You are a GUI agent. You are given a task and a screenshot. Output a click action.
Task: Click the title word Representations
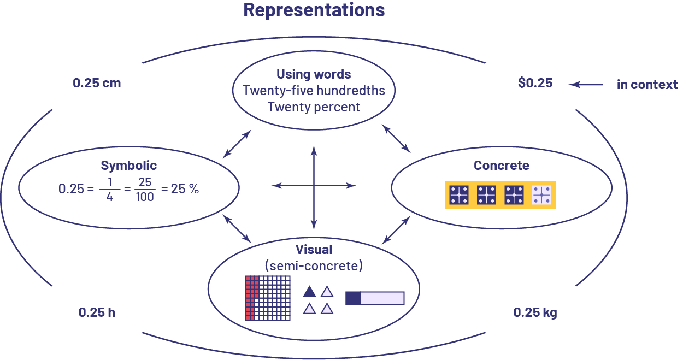314,10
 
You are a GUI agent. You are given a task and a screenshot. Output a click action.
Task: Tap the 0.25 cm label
97,84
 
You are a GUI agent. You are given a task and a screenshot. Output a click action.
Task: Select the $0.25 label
535,84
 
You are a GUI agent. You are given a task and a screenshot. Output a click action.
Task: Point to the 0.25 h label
96,313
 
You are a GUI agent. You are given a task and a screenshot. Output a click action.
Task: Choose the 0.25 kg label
535,313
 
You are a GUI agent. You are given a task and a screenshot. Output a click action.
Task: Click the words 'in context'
647,85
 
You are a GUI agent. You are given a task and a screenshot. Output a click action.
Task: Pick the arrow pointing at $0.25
586,84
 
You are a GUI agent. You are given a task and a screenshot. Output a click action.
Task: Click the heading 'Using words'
314,75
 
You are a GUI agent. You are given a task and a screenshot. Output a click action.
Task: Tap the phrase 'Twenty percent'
314,107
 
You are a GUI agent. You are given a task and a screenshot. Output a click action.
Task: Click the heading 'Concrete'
502,166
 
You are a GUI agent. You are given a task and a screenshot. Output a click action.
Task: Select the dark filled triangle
309,292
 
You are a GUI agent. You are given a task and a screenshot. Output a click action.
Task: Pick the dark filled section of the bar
354,298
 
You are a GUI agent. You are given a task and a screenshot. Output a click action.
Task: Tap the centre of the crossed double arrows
314,186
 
